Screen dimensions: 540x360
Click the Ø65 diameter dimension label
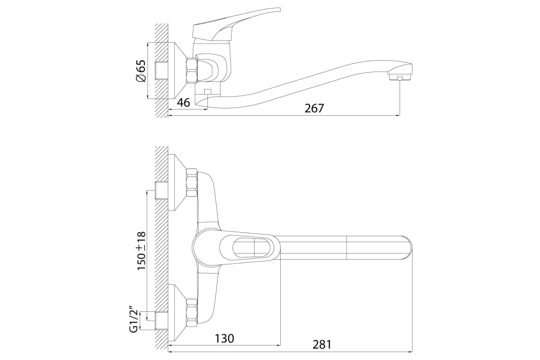(141, 71)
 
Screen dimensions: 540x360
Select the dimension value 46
(184, 103)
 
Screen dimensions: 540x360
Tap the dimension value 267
(314, 108)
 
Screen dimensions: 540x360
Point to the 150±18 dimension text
(141, 251)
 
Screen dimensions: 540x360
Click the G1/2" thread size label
(135, 319)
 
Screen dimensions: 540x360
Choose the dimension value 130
(224, 338)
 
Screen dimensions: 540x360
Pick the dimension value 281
(322, 345)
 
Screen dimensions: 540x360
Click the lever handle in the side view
(236, 25)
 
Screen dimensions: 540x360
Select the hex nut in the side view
(192, 70)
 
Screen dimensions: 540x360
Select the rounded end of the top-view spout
(407, 248)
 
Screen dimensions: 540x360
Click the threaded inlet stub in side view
(161, 71)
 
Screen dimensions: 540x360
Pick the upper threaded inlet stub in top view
(161, 190)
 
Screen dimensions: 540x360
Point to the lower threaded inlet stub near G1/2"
(161, 320)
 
